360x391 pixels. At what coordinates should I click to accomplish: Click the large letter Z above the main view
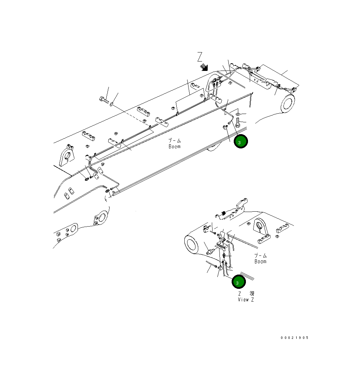tap(200, 57)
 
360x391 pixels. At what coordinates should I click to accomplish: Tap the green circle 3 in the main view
tap(240, 142)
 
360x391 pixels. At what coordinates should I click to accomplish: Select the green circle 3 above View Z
tap(239, 282)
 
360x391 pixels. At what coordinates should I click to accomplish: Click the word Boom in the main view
tap(175, 147)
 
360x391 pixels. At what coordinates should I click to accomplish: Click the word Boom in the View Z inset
tap(260, 261)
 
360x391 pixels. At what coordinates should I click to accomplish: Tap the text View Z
tap(246, 300)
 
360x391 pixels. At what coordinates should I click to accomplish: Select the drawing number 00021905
tap(295, 337)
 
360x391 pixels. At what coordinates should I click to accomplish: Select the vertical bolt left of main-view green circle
tap(238, 123)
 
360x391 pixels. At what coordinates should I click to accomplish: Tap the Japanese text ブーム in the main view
tap(175, 141)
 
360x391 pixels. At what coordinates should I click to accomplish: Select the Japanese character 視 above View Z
tap(252, 294)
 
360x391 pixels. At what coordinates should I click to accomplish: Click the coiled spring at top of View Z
tap(224, 213)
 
